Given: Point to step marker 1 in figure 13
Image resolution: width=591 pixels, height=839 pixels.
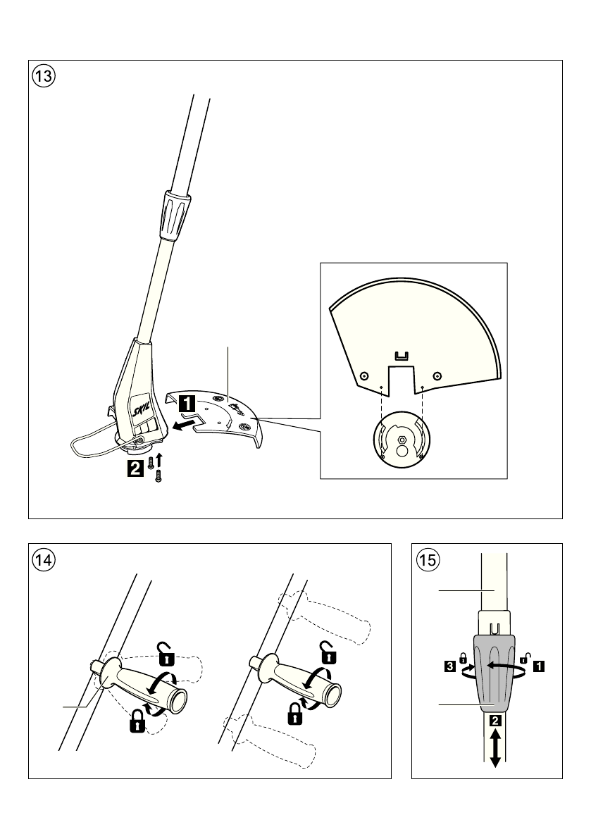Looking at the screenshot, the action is point(187,404).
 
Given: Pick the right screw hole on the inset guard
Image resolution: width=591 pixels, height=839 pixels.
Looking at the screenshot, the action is point(437,375).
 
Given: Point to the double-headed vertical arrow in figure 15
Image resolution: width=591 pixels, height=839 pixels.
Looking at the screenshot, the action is point(496,747).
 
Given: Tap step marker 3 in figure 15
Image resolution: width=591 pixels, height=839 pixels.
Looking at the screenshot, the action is point(449,664).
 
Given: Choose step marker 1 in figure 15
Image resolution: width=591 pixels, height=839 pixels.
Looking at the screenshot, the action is point(540,664).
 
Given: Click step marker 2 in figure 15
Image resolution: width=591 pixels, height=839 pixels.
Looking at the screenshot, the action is point(496,721).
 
